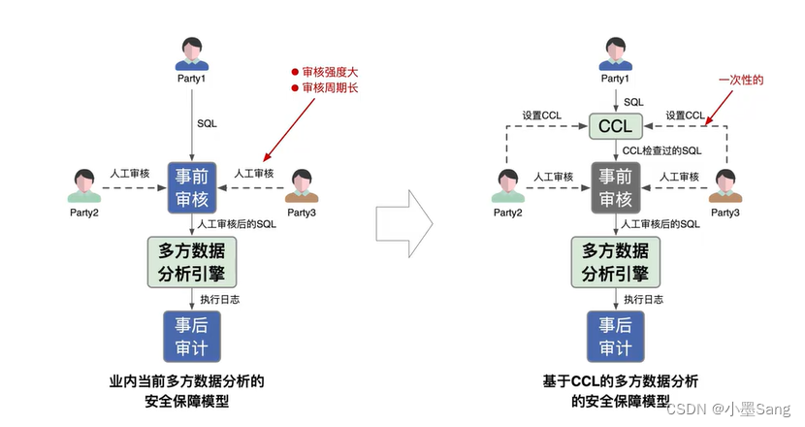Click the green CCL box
tap(615, 126)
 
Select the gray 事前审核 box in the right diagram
tap(615, 187)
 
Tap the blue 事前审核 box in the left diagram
tap(191, 187)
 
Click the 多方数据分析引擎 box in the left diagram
tap(191, 260)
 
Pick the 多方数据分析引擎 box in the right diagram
tap(615, 260)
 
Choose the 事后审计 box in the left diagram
tap(191, 337)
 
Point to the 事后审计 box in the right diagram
tap(615, 337)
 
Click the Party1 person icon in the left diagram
tap(191, 54)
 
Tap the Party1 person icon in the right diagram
tap(615, 54)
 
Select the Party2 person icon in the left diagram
tap(85, 185)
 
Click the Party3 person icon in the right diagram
tap(726, 185)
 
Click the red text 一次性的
tap(741, 80)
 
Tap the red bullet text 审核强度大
tap(327, 73)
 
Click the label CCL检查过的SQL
tap(661, 150)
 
